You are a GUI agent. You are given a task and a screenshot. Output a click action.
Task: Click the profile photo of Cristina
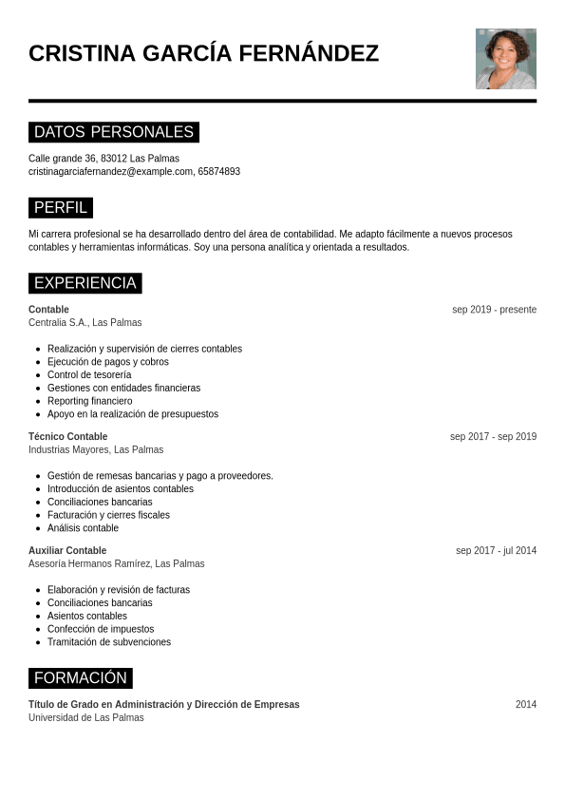coord(505,59)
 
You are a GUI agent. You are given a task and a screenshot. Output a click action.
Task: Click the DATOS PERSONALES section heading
coord(114,132)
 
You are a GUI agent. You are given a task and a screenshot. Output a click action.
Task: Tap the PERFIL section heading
coord(61,207)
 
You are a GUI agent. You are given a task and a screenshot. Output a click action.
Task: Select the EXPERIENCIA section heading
coord(85,283)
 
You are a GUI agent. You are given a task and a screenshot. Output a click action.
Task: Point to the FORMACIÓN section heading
coord(81,678)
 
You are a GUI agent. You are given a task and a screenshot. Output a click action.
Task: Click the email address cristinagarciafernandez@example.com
coord(110,172)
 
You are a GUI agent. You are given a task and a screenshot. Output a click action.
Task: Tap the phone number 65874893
coord(219,172)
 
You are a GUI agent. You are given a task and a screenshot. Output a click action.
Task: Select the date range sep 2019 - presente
coord(494,310)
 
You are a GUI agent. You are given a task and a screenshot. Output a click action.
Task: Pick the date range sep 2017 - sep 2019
coord(493,437)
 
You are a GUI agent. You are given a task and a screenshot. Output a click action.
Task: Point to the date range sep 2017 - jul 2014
coord(496,551)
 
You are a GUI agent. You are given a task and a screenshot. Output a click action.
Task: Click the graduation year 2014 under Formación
coord(526,705)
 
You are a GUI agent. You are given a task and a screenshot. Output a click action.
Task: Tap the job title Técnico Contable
coord(67,437)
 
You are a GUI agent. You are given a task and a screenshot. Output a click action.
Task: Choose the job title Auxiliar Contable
coord(67,551)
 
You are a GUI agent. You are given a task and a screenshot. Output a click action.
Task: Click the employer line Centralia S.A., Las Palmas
coord(85,323)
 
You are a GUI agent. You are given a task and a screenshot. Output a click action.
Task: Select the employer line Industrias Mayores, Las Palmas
coord(96,450)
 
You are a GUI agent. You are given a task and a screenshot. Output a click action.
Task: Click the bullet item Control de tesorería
coord(89,375)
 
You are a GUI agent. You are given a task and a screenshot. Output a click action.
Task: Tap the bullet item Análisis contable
coord(83,528)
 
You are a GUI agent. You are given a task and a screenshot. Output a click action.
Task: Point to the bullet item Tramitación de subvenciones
coord(109,642)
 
